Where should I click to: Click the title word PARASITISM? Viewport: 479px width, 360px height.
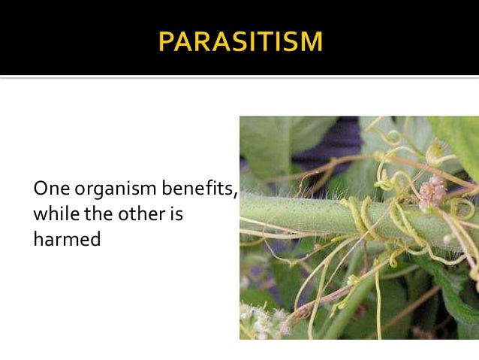click(239, 41)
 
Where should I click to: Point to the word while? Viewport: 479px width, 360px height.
click(53, 213)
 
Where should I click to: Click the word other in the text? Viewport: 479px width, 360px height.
click(136, 213)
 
